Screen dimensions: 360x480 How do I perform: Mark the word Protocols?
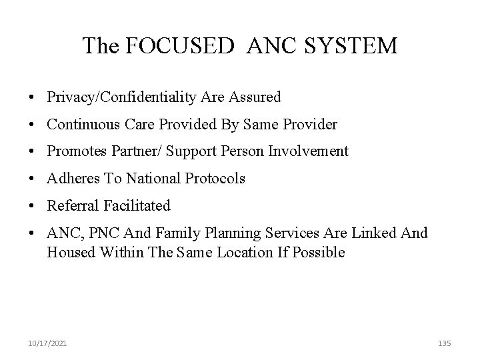(x=216, y=179)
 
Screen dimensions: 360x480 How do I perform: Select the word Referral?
(x=71, y=206)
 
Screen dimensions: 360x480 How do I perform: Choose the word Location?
(x=249, y=252)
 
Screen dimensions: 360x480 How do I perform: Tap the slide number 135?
(x=445, y=343)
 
